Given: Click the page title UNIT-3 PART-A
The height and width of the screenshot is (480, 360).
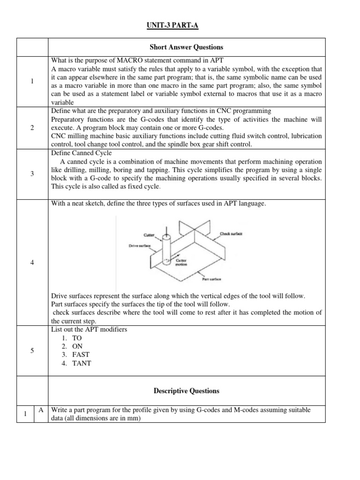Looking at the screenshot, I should coord(171,25).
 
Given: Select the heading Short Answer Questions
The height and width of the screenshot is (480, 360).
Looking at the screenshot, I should coord(187,47).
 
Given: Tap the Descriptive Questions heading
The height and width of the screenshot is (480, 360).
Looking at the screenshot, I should coord(187,390).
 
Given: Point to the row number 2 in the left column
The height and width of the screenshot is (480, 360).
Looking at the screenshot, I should coord(32,128).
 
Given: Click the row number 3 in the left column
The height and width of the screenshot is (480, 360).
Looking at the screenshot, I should coord(32,174).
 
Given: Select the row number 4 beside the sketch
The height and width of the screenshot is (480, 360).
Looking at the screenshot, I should coord(32,262).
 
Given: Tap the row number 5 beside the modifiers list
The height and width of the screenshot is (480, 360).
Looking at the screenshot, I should coord(32,350).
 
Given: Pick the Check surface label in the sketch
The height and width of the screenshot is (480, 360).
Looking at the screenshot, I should coord(231,233).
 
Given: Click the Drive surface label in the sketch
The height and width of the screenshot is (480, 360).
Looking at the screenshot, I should coord(139,245).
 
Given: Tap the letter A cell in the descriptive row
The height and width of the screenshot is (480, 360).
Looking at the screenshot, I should coord(41,410).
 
